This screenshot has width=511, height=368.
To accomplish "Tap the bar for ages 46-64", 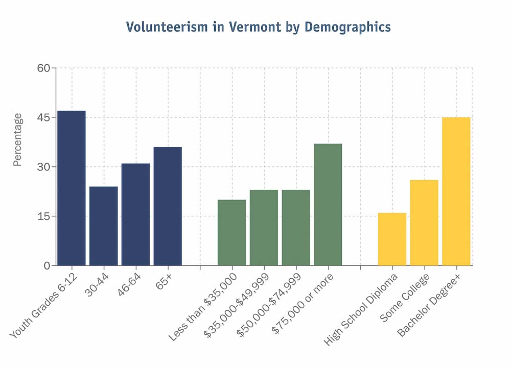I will click(136, 214).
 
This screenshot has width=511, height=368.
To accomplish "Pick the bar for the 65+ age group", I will click(168, 206).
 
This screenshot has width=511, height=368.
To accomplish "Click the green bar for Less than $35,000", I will click(232, 233).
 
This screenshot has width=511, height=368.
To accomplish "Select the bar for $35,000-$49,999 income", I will click(264, 228).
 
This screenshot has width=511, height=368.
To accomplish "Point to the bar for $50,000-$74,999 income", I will click(296, 228).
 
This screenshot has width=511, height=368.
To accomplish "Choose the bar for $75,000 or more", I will click(328, 204).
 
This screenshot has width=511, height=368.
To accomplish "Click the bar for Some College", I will click(424, 223).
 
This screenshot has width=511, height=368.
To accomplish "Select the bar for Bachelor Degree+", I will click(456, 191).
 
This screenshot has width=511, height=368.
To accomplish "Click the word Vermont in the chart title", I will click(240, 27).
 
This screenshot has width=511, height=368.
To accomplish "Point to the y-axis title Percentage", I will click(18, 140).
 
